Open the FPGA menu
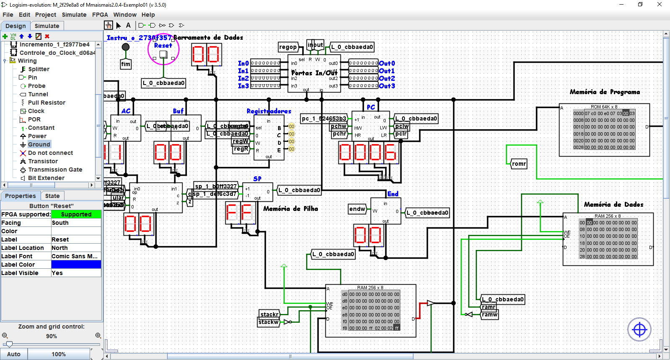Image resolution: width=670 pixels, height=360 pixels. click(x=100, y=15)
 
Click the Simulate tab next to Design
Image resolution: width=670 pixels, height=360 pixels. click(x=47, y=26)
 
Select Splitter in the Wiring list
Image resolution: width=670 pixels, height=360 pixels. click(x=39, y=69)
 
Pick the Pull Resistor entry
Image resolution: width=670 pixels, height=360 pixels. click(x=46, y=103)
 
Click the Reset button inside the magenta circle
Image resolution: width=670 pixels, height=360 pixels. click(x=163, y=54)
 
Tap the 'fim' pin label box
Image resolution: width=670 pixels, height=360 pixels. click(x=126, y=64)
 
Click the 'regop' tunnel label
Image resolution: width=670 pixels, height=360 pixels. click(x=288, y=47)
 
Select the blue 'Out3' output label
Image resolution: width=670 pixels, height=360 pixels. click(x=387, y=86)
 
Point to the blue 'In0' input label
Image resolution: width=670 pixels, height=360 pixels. click(x=243, y=64)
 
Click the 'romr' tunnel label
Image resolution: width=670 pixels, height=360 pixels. click(x=519, y=164)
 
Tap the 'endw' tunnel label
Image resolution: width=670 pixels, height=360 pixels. click(x=357, y=209)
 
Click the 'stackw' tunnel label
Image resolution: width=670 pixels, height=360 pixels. click(x=268, y=322)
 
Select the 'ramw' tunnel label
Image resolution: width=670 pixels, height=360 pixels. click(x=489, y=314)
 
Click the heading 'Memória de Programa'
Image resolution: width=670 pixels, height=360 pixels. click(x=605, y=92)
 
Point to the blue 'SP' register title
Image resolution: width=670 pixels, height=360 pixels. click(x=257, y=179)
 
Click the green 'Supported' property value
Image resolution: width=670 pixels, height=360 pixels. click(x=76, y=214)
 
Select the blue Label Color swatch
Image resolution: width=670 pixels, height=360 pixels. click(x=76, y=265)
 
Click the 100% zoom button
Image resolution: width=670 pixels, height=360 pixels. click(x=59, y=354)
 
